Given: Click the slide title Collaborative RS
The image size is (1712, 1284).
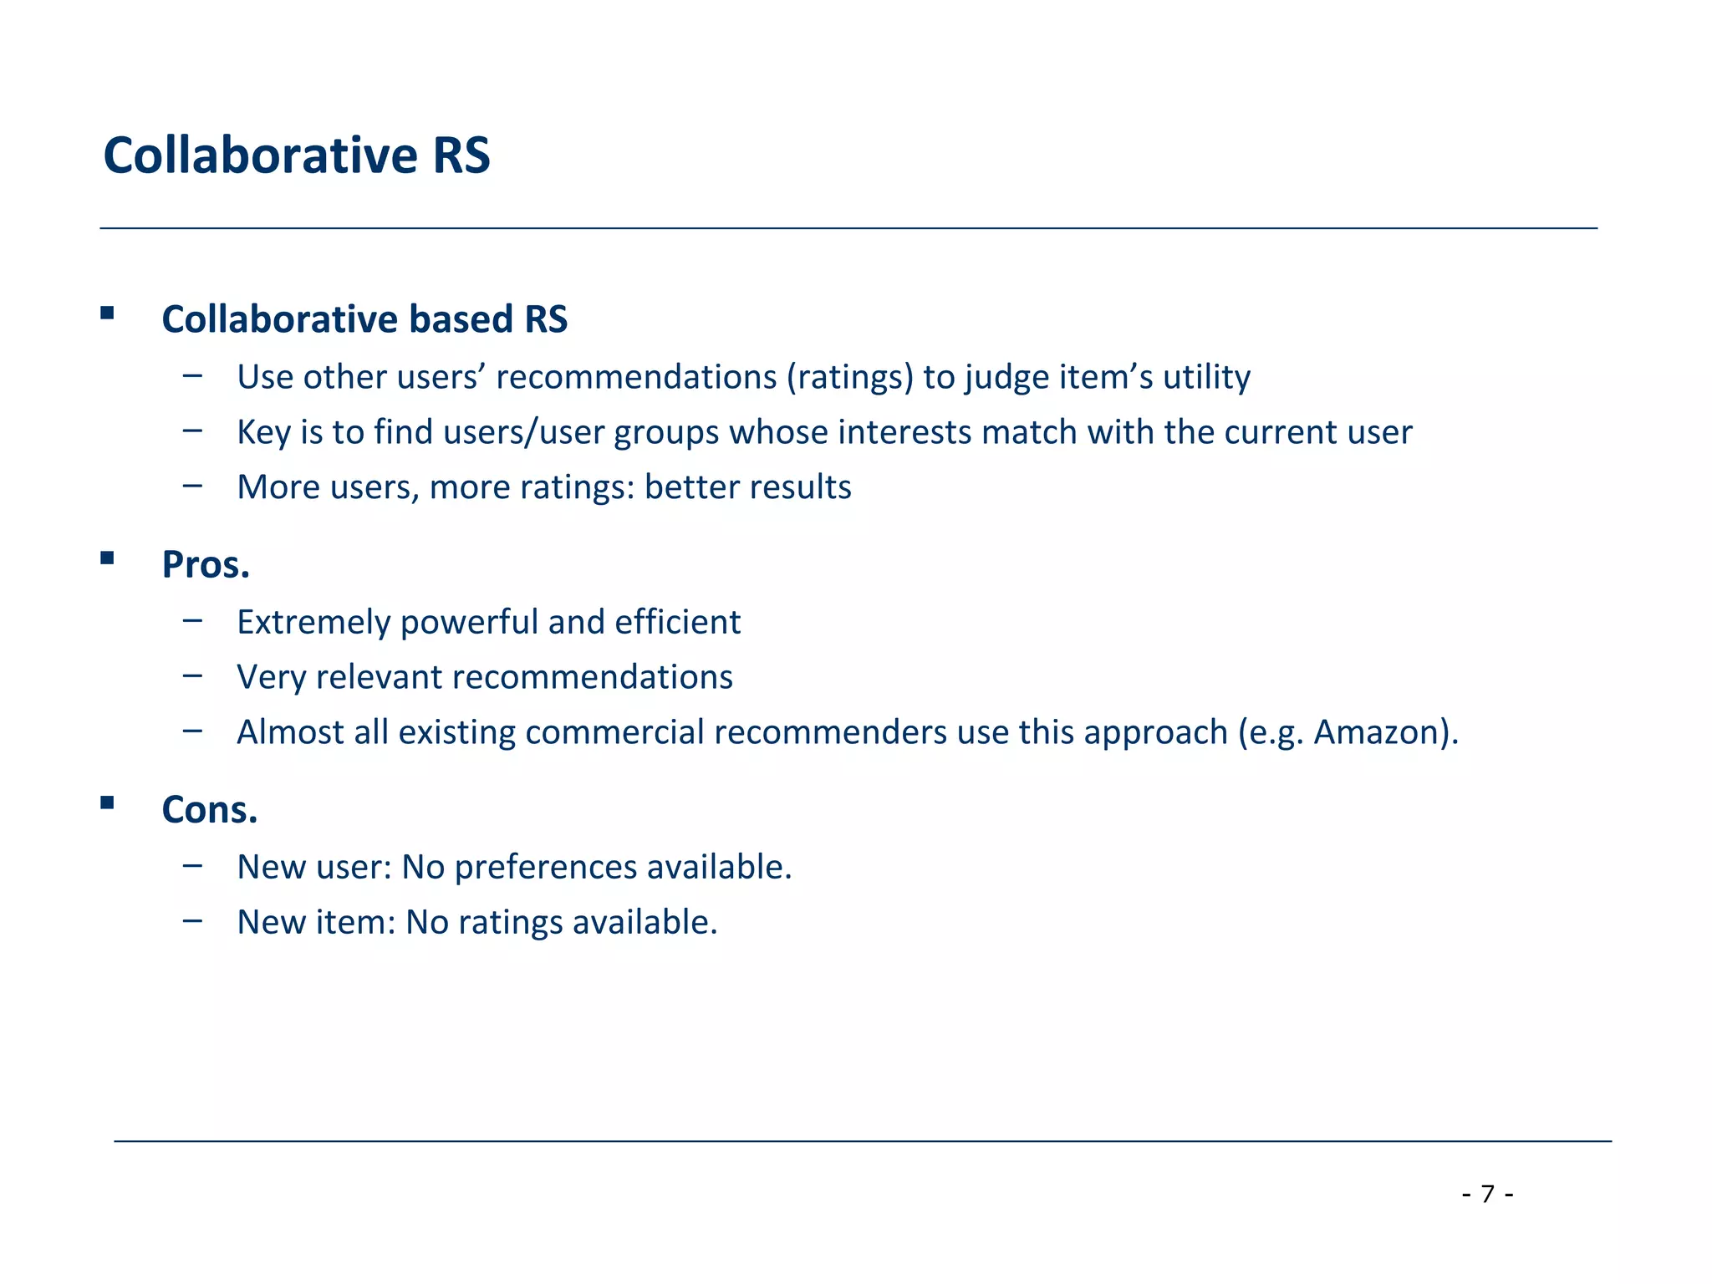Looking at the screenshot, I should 297,155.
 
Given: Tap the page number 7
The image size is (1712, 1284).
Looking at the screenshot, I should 1487,1194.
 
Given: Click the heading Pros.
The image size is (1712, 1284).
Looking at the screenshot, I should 206,565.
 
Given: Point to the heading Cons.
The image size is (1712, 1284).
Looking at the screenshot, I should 210,810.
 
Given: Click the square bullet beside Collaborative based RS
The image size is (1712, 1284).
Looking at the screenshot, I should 107,313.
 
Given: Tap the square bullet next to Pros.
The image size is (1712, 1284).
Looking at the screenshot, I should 107,558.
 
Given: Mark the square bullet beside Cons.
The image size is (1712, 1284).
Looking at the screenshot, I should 107,803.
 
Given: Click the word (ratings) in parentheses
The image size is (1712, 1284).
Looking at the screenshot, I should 849,378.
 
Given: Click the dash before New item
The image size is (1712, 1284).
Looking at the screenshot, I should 192,920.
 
